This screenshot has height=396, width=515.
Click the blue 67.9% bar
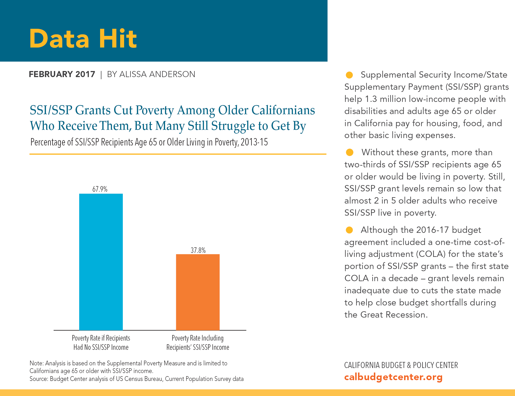(101, 262)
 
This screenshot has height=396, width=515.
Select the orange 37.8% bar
(198, 292)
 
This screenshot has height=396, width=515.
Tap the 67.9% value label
(100, 189)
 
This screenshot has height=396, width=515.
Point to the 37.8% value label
(198, 250)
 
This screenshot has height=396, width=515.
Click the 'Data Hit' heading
(83, 39)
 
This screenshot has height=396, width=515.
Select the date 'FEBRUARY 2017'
(62, 74)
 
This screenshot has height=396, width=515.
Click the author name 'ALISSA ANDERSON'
(157, 74)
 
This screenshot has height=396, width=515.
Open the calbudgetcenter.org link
(393, 377)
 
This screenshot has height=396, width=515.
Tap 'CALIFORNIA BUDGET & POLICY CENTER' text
(401, 365)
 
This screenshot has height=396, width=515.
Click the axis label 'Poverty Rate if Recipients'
(101, 338)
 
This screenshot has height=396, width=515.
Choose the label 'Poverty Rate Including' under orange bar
(198, 338)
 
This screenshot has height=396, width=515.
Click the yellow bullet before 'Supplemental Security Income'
(349, 75)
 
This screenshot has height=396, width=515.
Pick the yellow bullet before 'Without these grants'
(349, 152)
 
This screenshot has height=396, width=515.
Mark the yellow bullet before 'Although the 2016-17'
(349, 230)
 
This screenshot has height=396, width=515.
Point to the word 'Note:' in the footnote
(36, 363)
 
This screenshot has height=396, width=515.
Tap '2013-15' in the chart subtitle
(254, 142)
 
